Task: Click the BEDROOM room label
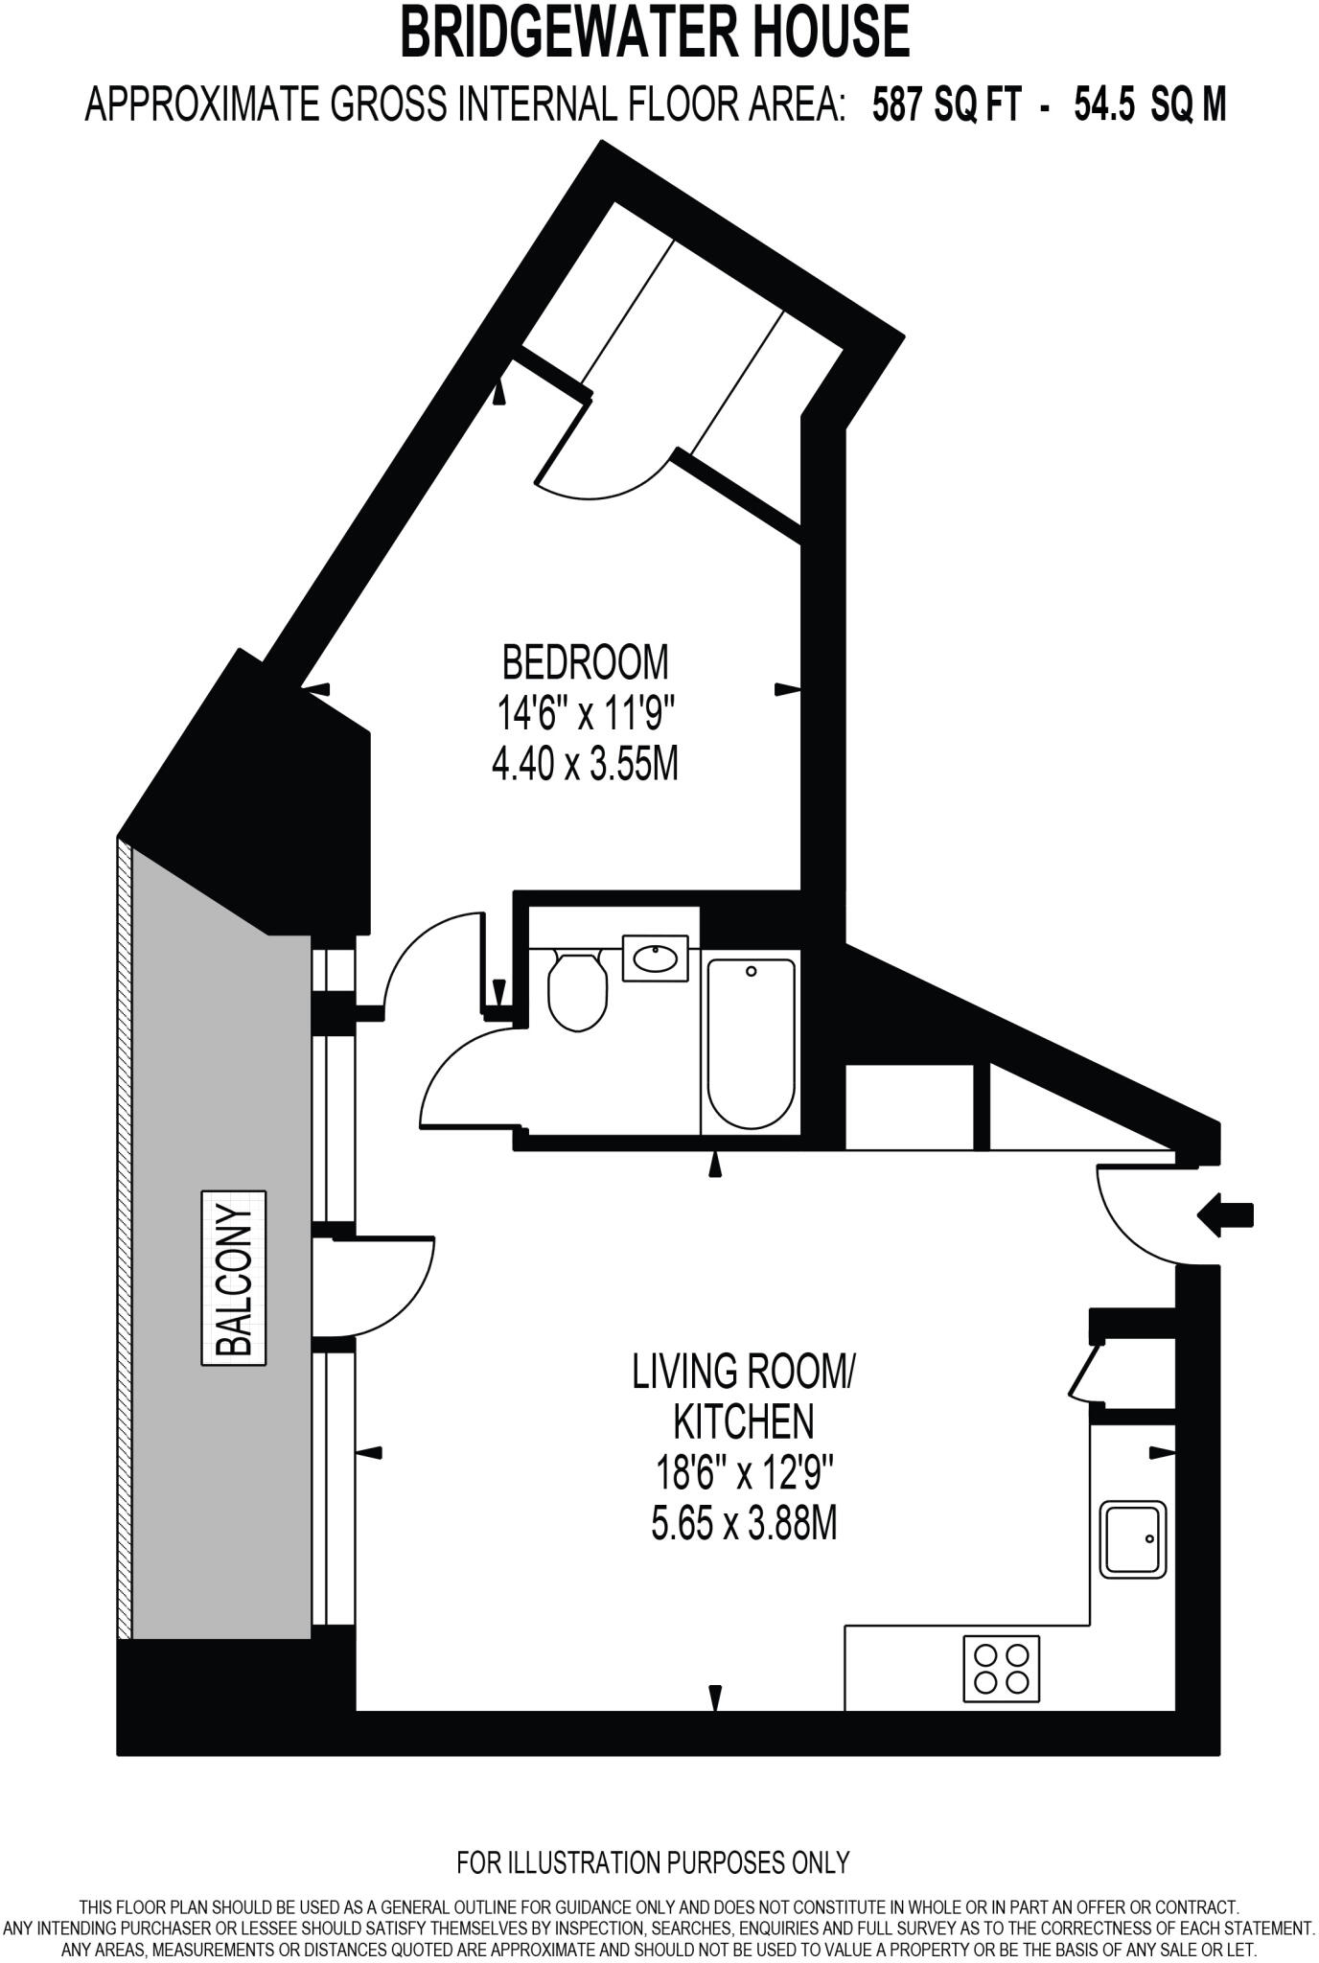tap(586, 661)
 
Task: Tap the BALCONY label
tap(234, 1278)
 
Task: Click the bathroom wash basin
tap(656, 958)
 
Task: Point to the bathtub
tap(751, 1043)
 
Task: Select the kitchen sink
tap(1133, 1539)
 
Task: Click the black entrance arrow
tap(1226, 1215)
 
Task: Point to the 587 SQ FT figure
tap(946, 104)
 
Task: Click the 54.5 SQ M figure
tap(1149, 104)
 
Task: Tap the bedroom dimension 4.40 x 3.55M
tap(585, 765)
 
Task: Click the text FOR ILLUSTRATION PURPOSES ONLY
tap(653, 1862)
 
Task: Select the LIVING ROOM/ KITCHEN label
tap(743, 1396)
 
